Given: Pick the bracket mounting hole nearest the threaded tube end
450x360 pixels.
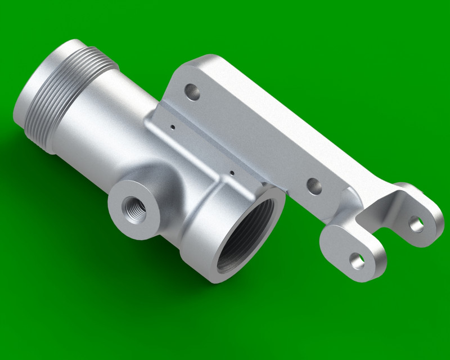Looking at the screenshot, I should point(193,91).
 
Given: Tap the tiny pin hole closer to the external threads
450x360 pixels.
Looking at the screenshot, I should point(173,127).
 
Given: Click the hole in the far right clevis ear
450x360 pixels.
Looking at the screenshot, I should point(416,224).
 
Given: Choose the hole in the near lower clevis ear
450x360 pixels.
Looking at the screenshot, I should point(357,259).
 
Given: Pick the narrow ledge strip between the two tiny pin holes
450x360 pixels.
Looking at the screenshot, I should point(202,149).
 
